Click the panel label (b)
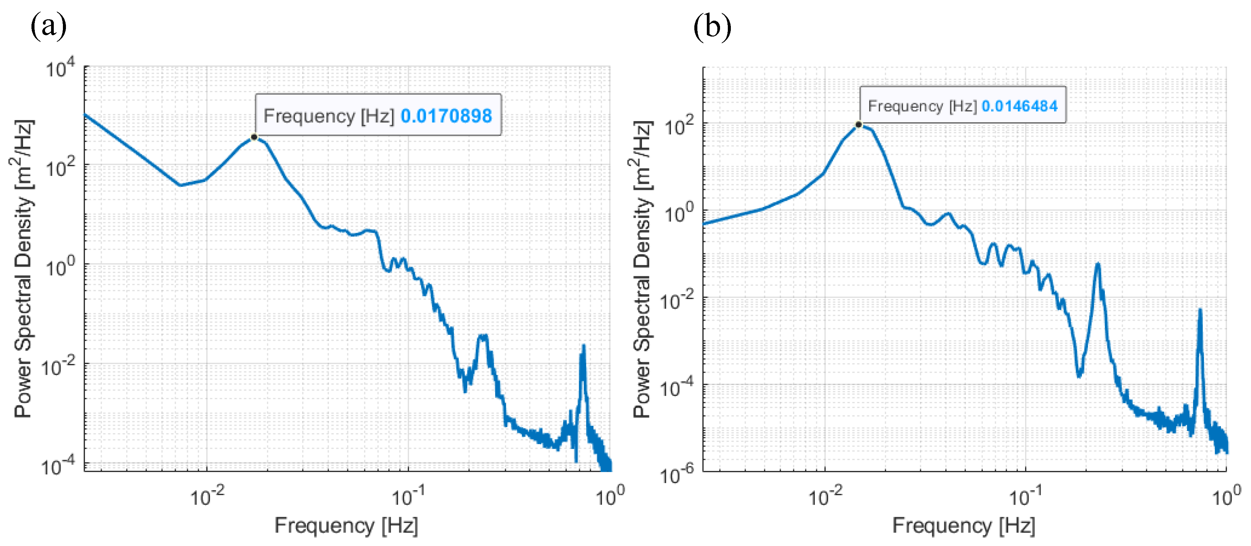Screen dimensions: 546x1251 (x=712, y=26)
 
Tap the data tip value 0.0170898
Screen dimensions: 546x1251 (x=446, y=116)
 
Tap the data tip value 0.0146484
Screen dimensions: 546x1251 (x=1019, y=106)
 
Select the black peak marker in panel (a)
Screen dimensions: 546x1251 (x=254, y=137)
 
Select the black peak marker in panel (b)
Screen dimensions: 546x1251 (x=859, y=125)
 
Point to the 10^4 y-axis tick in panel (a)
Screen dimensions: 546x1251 (x=61, y=68)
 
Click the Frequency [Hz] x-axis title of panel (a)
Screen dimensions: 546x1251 (x=346, y=526)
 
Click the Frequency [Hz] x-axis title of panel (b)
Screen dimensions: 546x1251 (x=964, y=526)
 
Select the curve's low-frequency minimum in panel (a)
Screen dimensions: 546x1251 (x=180, y=185)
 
